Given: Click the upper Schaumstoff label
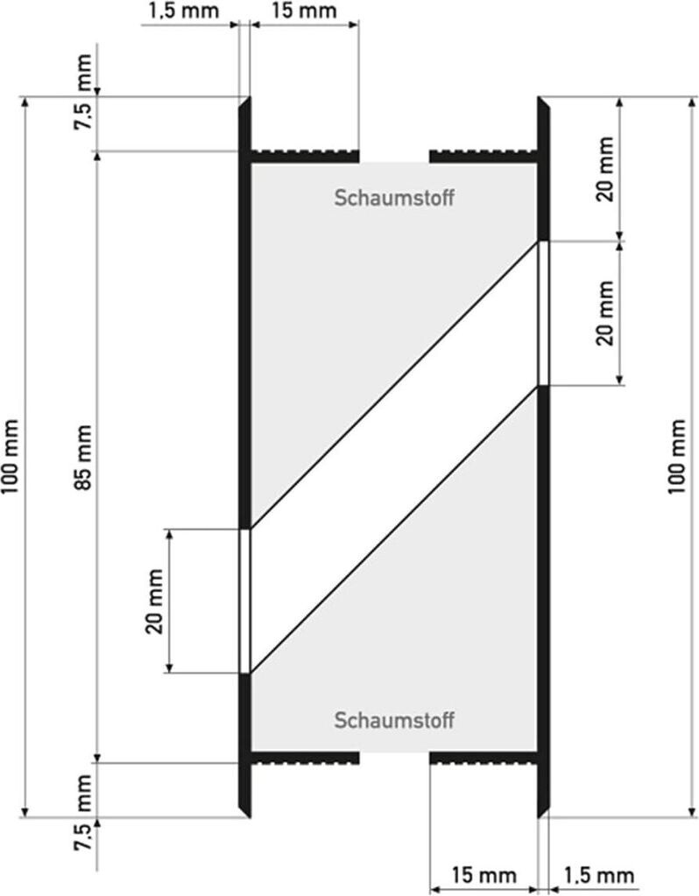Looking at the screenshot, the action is click(x=393, y=198).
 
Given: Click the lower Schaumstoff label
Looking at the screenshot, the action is click(x=393, y=721).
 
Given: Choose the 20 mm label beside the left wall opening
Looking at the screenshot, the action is click(x=154, y=601).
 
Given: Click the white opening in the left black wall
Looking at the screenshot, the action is click(x=245, y=601).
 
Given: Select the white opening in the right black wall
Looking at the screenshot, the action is click(x=543, y=312).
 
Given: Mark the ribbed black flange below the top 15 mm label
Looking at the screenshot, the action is click(x=306, y=156).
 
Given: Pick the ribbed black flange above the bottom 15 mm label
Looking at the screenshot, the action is click(x=483, y=757).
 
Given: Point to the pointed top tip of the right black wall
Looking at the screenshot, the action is click(x=540, y=100).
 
